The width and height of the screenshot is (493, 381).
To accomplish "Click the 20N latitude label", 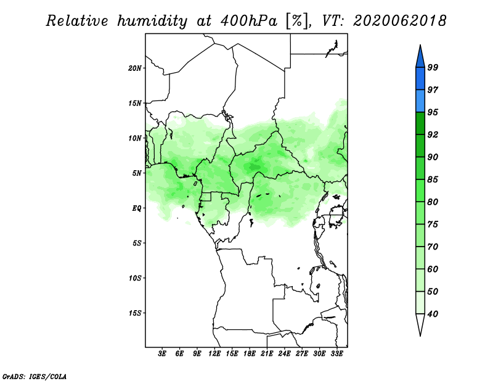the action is (135, 68).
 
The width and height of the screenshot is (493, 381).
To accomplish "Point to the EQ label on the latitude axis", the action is (136, 208).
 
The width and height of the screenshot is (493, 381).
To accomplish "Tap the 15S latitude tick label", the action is (135, 313).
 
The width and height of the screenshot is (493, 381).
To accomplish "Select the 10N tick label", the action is (135, 138).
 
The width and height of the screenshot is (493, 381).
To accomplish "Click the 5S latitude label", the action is (137, 243).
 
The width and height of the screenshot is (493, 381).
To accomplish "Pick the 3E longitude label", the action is (162, 353).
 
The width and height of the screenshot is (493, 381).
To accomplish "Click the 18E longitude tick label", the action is (250, 353).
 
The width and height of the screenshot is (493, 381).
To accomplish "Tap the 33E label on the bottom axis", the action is (336, 353).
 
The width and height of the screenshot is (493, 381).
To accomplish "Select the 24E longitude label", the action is (284, 353).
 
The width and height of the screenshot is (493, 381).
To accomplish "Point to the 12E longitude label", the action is (214, 353).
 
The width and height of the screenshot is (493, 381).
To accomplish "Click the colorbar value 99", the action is (433, 67).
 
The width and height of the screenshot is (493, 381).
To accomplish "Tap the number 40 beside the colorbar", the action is (433, 314).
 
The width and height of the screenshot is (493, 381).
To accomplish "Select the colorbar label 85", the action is (433, 179).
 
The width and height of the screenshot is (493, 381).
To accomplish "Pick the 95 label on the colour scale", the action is (433, 112).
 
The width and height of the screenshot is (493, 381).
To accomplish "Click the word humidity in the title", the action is (152, 21).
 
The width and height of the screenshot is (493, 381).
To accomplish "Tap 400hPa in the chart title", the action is (249, 21).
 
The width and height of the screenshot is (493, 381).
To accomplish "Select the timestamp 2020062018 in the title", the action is (399, 21).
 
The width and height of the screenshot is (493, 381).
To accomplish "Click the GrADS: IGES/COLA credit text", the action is (35, 377).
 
